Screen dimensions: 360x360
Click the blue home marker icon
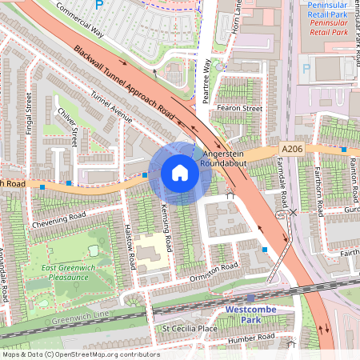click(x=179, y=172)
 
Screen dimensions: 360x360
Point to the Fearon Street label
click(x=240, y=108)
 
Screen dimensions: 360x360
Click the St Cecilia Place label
click(x=190, y=328)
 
